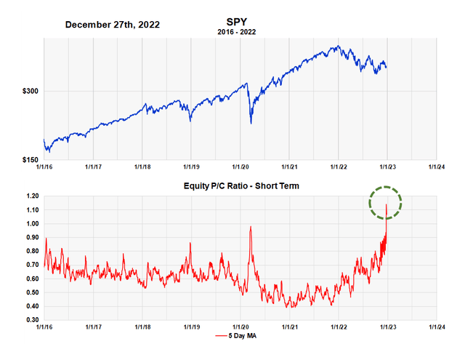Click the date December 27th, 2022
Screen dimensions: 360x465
tap(113, 25)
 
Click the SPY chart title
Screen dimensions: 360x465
tap(237, 23)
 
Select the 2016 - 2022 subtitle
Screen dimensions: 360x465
tap(237, 33)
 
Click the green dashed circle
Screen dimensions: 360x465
tap(384, 202)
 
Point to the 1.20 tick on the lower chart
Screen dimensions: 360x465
tap(30, 196)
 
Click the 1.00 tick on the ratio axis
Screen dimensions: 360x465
tap(30, 224)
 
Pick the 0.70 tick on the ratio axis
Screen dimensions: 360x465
tap(30, 265)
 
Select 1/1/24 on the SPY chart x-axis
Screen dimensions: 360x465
tap(436, 166)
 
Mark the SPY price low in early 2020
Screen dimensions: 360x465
tap(251, 123)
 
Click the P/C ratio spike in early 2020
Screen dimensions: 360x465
tap(251, 227)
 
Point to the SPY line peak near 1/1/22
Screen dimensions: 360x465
tap(336, 47)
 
